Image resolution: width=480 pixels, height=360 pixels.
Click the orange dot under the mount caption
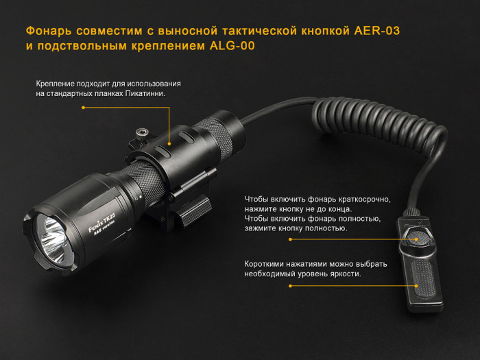point(83,108)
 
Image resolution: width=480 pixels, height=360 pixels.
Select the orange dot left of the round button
point(290,240)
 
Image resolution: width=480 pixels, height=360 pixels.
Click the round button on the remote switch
point(418,237)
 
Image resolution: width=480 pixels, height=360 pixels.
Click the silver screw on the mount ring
point(142,130)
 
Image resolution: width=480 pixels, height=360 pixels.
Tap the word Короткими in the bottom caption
point(268,263)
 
